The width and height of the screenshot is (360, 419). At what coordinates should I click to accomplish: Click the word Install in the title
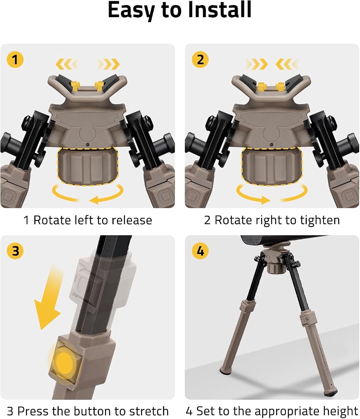click(x=220, y=10)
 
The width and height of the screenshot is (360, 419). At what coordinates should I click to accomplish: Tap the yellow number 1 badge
click(x=15, y=59)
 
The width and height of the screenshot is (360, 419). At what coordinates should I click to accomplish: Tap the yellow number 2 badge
click(x=200, y=59)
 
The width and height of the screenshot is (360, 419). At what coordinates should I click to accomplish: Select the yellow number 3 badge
click(x=15, y=251)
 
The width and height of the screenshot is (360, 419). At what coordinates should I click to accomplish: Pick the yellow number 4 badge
click(x=200, y=251)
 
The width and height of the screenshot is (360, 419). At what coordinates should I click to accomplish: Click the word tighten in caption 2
click(x=320, y=221)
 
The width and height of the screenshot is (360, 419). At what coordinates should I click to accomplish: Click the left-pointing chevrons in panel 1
click(x=67, y=64)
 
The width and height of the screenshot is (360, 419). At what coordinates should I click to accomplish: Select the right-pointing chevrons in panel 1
click(x=109, y=64)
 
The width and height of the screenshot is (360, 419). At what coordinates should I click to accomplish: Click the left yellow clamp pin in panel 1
click(x=75, y=86)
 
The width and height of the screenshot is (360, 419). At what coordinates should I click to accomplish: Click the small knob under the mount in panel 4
click(x=274, y=268)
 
